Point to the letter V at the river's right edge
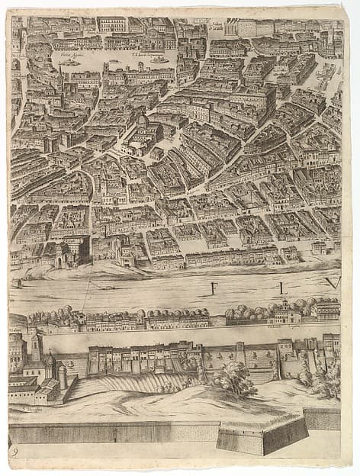click(331, 283)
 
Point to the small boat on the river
click(108, 288)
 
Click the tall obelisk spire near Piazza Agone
click(60, 76)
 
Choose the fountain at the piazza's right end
click(159, 59)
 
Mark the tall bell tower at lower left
click(36, 347)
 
